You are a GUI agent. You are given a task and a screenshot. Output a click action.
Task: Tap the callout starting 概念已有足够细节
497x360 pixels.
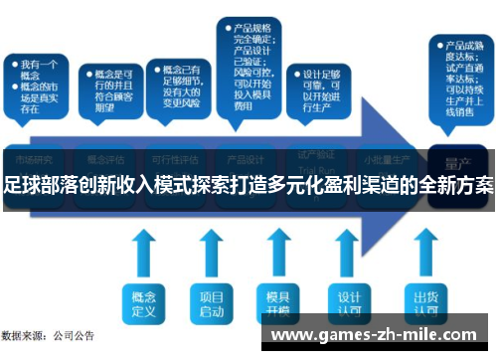(178, 85)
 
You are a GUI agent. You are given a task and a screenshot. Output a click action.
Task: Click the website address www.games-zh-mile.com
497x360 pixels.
(378, 335)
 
